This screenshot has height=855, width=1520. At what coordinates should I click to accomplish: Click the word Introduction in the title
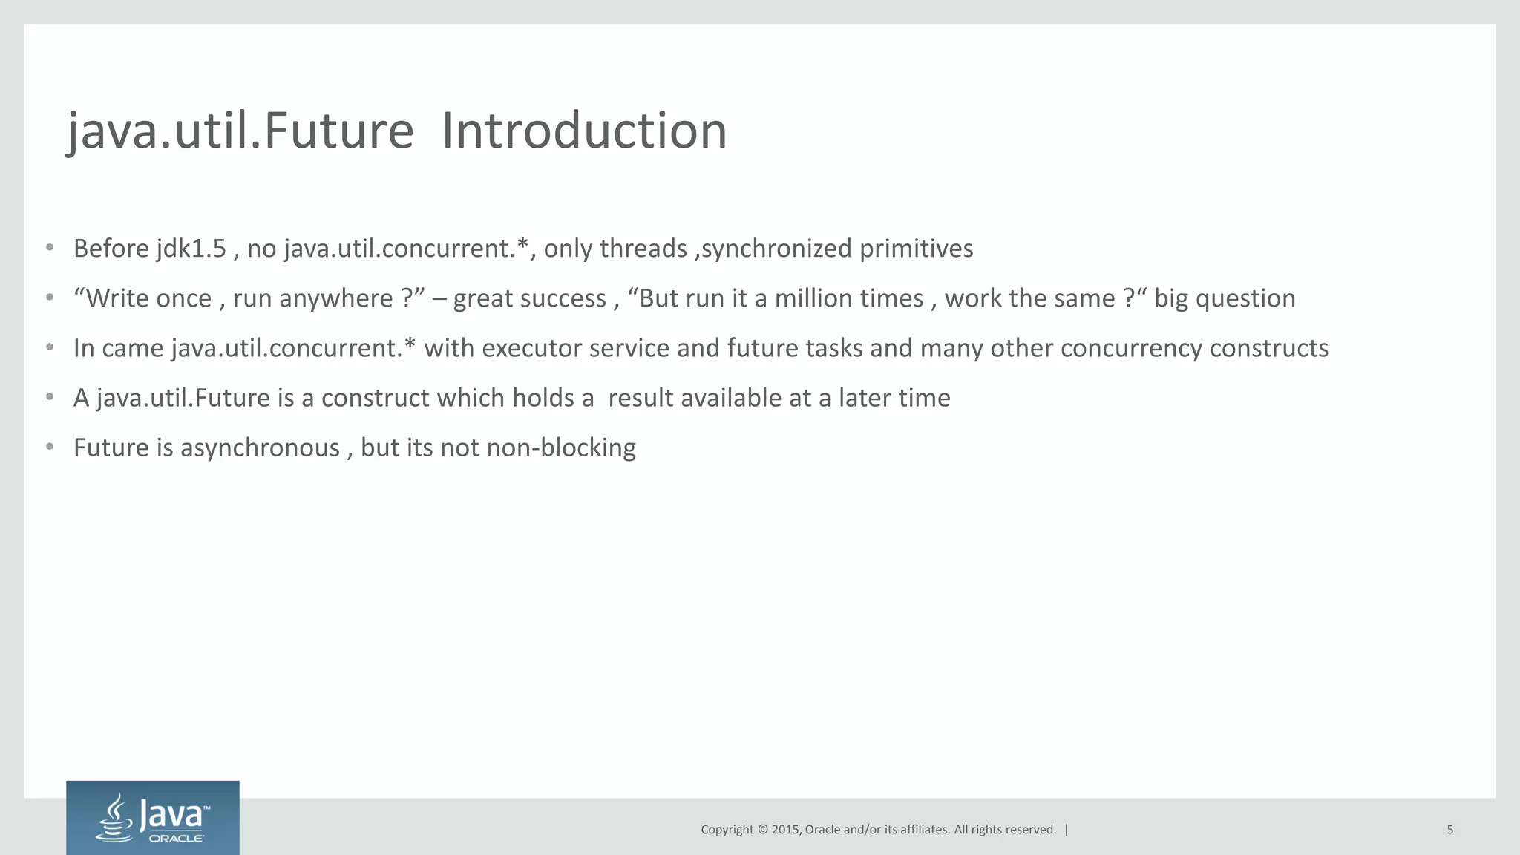tap(584, 131)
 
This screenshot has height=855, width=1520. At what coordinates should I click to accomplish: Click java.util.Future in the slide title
tap(240, 131)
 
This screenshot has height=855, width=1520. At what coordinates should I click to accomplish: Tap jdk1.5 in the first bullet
tap(191, 249)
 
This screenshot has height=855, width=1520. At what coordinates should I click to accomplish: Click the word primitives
tap(916, 249)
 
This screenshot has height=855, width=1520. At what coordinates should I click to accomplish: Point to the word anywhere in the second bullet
tap(335, 298)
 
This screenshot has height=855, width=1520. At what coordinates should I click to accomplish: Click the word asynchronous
tap(260, 448)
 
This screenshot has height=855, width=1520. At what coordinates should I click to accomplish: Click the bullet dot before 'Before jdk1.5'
tap(50, 248)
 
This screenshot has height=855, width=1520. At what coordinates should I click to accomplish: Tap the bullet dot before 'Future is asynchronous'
tap(50, 447)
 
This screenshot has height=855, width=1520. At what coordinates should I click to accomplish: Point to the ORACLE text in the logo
tap(177, 839)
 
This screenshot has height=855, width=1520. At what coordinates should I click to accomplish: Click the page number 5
tap(1449, 830)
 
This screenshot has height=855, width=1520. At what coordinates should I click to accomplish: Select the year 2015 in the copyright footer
tap(786, 830)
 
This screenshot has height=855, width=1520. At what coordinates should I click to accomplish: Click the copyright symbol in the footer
tap(762, 830)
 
